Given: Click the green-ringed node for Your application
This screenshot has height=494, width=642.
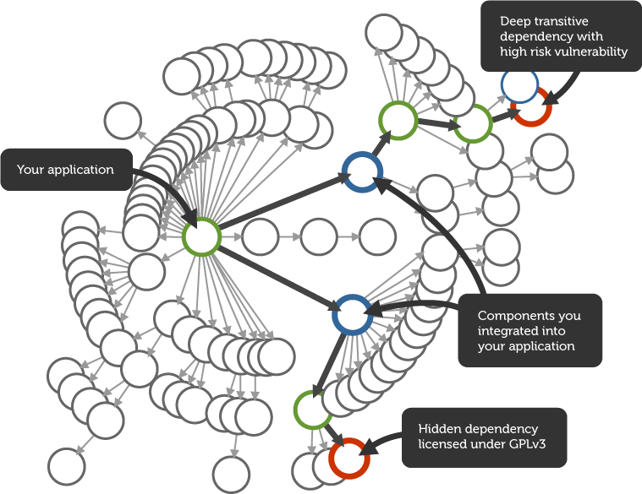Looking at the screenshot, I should click(201, 236).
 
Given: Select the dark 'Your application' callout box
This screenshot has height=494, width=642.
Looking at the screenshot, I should click(67, 170).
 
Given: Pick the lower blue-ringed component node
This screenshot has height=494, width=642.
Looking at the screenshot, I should click(352, 313).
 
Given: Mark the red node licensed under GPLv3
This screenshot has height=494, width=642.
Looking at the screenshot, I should click(348, 458).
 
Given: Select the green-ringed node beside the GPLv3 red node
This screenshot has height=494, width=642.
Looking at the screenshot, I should click(312, 411).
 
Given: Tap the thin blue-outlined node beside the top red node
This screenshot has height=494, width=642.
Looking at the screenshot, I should click(519, 84).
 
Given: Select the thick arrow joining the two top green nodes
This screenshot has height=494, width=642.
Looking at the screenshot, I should click(435, 123).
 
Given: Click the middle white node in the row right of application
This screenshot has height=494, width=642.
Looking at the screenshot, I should click(319, 236).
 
